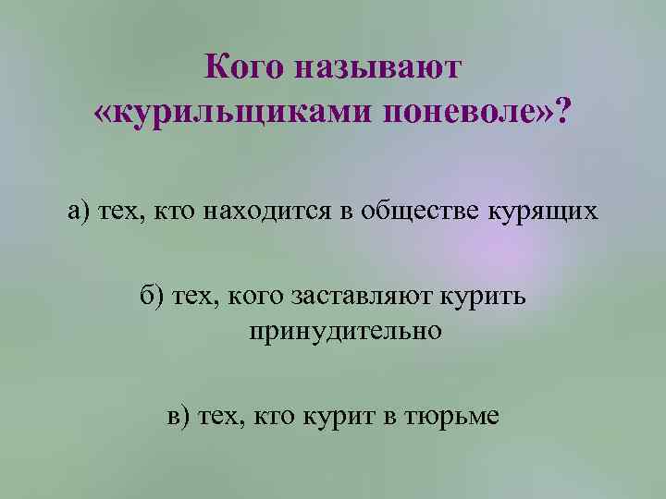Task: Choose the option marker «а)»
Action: coord(80,212)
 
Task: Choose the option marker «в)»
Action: coord(181,416)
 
